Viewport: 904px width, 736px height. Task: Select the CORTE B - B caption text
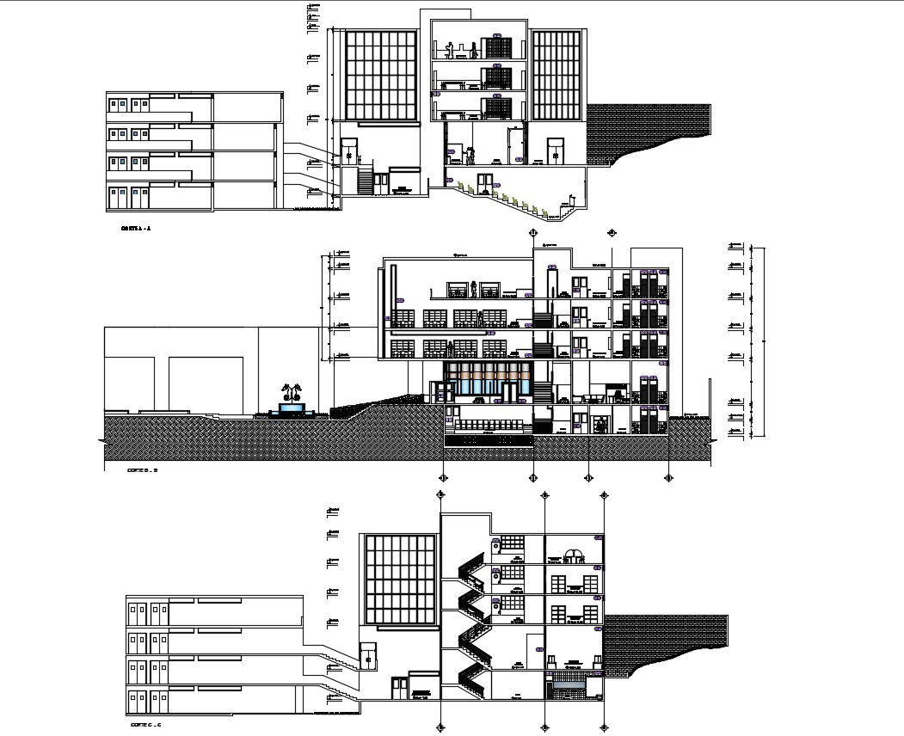click(x=141, y=470)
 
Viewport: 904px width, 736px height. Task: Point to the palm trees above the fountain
click(x=292, y=392)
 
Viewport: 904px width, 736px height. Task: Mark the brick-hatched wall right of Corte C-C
click(x=667, y=641)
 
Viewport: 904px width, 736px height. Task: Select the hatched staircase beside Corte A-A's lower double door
click(x=364, y=181)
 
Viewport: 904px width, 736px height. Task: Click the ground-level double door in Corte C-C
click(x=399, y=688)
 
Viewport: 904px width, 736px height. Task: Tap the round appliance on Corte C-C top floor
click(x=496, y=545)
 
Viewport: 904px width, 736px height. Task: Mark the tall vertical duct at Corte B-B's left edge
click(x=393, y=297)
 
